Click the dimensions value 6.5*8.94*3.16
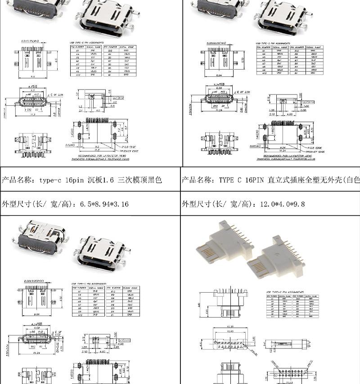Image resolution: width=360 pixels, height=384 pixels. [104, 204]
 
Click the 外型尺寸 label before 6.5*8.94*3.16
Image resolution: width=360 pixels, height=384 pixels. [17, 204]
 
